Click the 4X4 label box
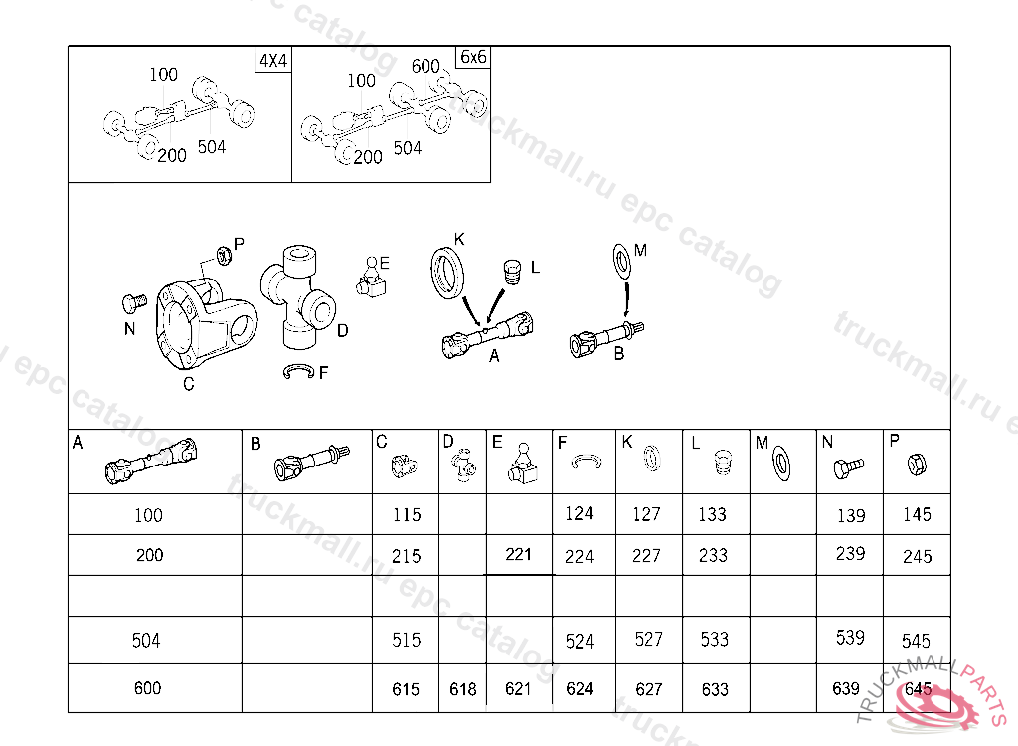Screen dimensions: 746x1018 coord(273,60)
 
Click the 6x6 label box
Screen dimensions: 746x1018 coord(473,57)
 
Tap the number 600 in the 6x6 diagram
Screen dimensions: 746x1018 coord(425,67)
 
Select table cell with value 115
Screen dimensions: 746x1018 coord(407,515)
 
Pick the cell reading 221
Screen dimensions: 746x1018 coord(519,555)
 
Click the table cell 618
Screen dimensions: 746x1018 coord(462,689)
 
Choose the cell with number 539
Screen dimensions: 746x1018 coord(850,639)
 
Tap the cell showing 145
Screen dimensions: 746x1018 coord(917,515)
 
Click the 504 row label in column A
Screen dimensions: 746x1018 coord(146,641)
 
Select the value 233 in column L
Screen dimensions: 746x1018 coord(713,556)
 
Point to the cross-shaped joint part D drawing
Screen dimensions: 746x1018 coord(298,298)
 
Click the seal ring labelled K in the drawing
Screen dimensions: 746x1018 coord(446,270)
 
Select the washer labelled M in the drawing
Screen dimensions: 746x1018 coord(621,260)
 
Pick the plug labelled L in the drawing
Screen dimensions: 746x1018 coord(513,272)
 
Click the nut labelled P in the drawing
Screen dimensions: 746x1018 coord(225,255)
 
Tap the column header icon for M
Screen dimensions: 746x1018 coord(782,461)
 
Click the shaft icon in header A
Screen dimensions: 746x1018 coord(152,462)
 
